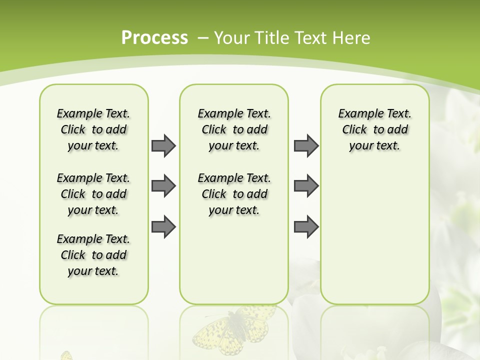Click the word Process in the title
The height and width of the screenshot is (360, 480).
point(154,37)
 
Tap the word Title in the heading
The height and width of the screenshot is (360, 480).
point(271,37)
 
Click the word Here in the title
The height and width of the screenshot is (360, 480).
point(351,37)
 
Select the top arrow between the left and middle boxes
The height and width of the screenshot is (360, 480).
point(163,145)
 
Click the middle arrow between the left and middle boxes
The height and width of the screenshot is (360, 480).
point(163,186)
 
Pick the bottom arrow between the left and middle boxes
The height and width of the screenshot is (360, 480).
point(163,227)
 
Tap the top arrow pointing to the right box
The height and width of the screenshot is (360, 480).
point(306,145)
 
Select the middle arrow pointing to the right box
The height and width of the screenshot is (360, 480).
point(306,186)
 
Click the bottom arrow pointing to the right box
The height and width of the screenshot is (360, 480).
point(306,227)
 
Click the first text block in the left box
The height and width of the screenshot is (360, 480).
point(93,129)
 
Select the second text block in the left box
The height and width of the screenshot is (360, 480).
point(93,194)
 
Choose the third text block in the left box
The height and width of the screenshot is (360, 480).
point(93,255)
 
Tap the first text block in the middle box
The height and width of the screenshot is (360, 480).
point(234,129)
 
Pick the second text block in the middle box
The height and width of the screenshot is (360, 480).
point(234,194)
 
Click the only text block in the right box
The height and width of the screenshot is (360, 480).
point(374,129)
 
